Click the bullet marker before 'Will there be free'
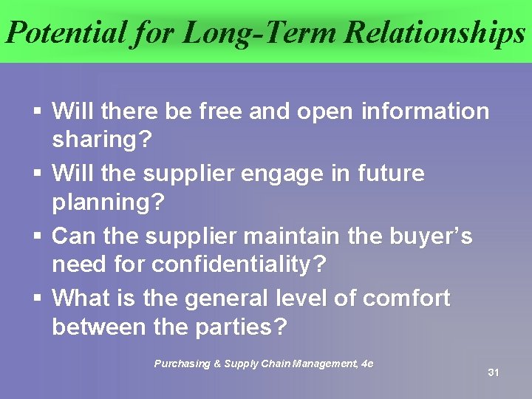pyautogui.click(x=37, y=112)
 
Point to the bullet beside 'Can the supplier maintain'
pyautogui.click(x=37, y=237)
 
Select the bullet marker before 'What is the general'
pyautogui.click(x=37, y=299)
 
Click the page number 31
pyautogui.click(x=494, y=372)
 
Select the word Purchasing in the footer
pyautogui.click(x=180, y=364)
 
